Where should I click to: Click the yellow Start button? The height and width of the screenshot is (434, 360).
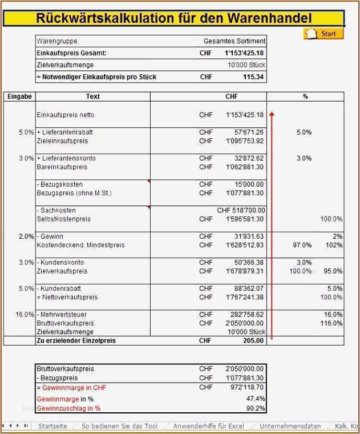point(323,34)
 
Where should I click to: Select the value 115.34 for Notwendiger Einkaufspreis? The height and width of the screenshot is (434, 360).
point(253,77)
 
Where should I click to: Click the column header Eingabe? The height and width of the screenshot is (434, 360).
point(19,97)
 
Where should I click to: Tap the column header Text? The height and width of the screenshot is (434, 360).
point(93,97)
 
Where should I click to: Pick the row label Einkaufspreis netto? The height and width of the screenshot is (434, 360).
point(66,115)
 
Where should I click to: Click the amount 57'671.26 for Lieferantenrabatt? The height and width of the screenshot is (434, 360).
point(245,132)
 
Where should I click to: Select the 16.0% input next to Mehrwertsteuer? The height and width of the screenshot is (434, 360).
point(26,315)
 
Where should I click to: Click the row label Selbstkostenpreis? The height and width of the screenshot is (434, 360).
point(63,219)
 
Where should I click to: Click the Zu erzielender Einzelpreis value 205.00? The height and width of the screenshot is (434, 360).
point(253,341)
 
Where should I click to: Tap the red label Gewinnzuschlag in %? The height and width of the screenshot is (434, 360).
point(68,408)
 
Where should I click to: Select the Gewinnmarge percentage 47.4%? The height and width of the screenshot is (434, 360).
point(255,399)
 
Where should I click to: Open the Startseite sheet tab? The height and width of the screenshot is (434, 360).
point(52,427)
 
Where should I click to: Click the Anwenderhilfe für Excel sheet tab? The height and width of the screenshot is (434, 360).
point(208,427)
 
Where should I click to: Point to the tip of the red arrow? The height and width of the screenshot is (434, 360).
point(272,112)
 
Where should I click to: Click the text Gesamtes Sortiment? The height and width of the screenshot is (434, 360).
point(234,42)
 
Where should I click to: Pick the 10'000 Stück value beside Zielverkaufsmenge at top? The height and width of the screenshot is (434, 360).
point(246,66)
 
